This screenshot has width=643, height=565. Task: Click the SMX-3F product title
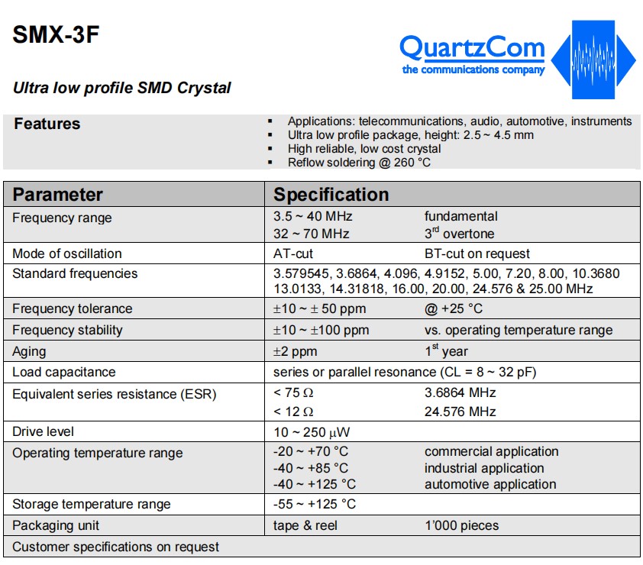click(56, 34)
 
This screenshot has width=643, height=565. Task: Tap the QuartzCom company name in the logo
click(472, 48)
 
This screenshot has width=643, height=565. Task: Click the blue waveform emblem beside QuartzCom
click(593, 60)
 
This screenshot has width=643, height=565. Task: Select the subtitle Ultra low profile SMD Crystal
click(121, 88)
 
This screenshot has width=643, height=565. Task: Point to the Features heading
click(47, 124)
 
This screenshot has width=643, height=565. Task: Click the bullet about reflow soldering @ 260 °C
click(359, 163)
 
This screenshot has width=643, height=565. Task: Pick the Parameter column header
click(57, 195)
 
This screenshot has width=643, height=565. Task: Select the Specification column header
click(331, 195)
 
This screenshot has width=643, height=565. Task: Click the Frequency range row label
click(62, 218)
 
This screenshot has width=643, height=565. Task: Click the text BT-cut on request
click(477, 253)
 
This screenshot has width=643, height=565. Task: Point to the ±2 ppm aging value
click(296, 351)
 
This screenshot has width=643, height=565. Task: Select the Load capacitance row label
click(64, 372)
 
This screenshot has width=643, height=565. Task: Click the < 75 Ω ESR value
click(293, 392)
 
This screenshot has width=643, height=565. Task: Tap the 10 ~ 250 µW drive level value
click(312, 432)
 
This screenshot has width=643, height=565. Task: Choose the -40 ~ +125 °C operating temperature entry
click(315, 484)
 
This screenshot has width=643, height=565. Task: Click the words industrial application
click(484, 468)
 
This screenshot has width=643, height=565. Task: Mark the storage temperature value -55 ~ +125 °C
click(315, 504)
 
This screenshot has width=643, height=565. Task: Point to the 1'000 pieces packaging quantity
click(462, 525)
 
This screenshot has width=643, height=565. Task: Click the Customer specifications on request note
click(115, 547)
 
